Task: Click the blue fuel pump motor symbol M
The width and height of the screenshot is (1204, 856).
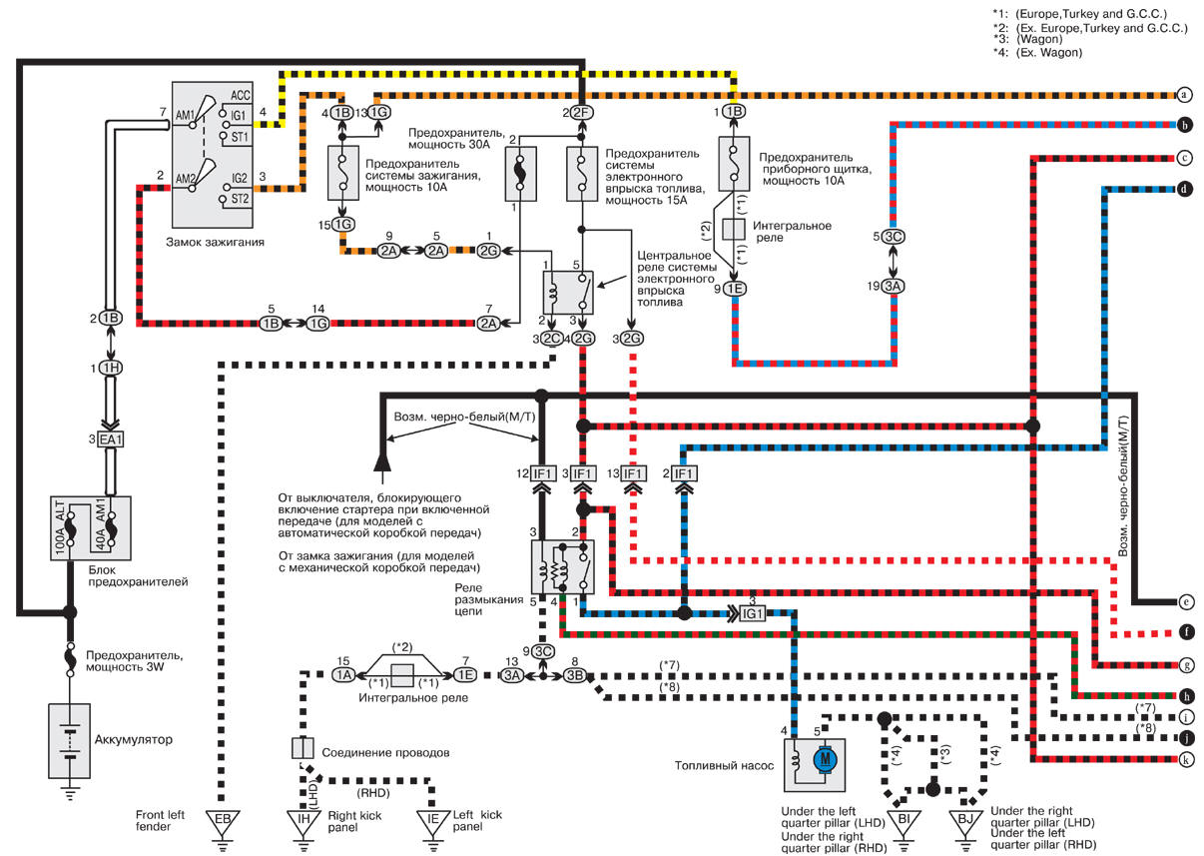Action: click(x=825, y=760)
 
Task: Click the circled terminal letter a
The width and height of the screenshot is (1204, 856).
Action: click(x=1184, y=95)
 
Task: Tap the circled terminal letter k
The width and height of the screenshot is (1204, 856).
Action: click(x=1185, y=760)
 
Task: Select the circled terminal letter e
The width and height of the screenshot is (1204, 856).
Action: click(x=1186, y=601)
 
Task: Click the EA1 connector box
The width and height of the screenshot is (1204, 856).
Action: click(x=111, y=439)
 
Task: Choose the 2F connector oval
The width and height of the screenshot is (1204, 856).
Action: click(x=582, y=113)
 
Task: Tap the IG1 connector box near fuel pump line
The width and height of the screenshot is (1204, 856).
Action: click(x=752, y=613)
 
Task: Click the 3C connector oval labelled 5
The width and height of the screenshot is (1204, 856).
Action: click(x=893, y=237)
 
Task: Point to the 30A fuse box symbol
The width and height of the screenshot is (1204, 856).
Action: click(x=520, y=174)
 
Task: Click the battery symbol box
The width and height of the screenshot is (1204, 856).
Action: click(x=69, y=741)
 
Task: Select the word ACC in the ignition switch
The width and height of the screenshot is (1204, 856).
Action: click(x=241, y=95)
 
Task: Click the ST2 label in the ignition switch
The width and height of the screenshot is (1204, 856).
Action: click(x=240, y=199)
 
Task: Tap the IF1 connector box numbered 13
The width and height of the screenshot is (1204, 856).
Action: click(x=633, y=473)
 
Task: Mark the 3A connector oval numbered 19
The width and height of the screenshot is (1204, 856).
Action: click(x=893, y=286)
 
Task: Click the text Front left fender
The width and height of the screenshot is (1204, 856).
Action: click(x=160, y=820)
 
